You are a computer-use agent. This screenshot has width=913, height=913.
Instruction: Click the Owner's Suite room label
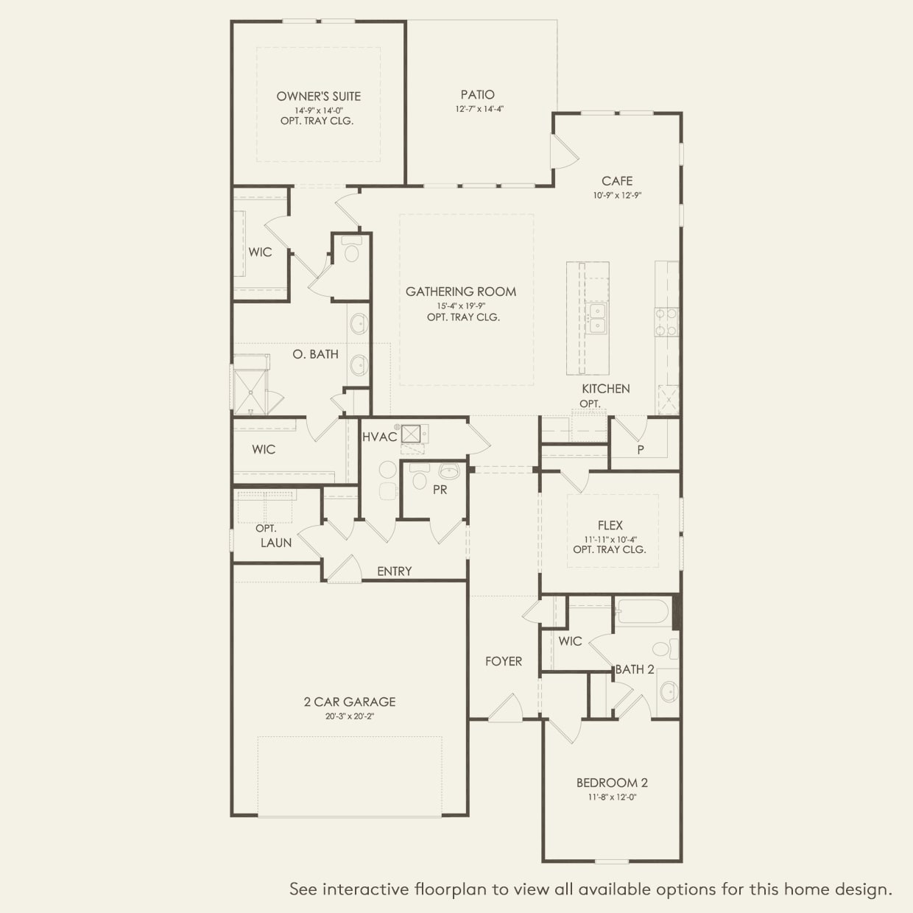[x=318, y=96]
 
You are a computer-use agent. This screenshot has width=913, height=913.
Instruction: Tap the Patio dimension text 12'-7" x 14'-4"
[x=479, y=109]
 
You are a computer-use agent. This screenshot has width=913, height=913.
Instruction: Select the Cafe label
[x=617, y=181]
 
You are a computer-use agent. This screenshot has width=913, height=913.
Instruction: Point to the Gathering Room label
[x=461, y=292]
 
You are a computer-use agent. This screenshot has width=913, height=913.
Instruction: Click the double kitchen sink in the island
[x=596, y=318]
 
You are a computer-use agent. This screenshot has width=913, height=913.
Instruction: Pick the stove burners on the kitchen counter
[x=666, y=322]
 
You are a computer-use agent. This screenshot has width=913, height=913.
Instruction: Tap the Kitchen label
[x=606, y=389]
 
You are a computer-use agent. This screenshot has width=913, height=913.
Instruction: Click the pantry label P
[x=641, y=450]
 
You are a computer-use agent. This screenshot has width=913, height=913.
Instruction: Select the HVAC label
[x=379, y=437]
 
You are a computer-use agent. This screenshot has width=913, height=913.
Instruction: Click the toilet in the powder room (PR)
[x=419, y=477]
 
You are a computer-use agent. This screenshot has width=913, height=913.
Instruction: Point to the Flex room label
[x=610, y=525]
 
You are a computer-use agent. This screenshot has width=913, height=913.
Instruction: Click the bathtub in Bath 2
[x=644, y=612]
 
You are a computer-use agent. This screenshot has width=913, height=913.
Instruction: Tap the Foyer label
[x=504, y=661]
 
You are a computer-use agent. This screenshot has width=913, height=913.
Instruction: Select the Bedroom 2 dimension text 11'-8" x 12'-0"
[x=612, y=797]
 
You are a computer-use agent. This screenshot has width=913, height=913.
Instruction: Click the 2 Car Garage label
[x=350, y=702]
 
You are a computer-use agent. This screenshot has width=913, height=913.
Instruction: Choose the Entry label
[x=394, y=571]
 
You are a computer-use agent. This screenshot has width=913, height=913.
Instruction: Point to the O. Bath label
[x=316, y=354]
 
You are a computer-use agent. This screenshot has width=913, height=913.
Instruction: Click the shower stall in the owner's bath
[x=250, y=392]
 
